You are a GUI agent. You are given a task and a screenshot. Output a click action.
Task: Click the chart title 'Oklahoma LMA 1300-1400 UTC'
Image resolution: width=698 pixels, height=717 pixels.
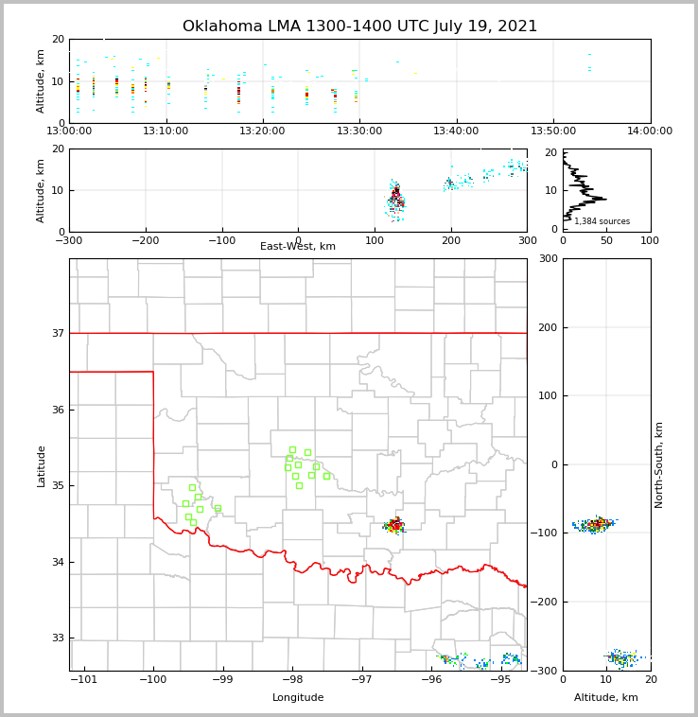[359, 26]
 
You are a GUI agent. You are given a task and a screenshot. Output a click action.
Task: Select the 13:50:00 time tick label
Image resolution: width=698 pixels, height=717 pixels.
[553, 131]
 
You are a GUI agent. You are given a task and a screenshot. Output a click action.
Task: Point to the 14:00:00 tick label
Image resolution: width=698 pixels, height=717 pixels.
[650, 131]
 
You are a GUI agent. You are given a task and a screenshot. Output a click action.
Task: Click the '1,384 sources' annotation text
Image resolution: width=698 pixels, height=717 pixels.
[602, 221]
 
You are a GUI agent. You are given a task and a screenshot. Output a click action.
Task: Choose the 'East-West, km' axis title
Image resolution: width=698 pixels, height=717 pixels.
[298, 247]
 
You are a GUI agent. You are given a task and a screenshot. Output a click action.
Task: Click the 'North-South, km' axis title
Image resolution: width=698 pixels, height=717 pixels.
[659, 464]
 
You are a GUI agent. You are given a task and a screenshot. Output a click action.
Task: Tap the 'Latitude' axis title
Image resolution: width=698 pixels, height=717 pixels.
[41, 465]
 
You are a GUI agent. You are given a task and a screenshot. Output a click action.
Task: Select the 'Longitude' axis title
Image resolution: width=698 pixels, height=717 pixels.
[298, 698]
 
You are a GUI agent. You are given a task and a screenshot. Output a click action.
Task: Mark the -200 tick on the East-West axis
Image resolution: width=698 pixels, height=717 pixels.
[145, 240]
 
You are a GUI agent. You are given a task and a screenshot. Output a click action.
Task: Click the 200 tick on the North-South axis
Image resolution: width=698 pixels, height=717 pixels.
[548, 327]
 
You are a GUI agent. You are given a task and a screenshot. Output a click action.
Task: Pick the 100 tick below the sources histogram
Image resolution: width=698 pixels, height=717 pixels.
[650, 240]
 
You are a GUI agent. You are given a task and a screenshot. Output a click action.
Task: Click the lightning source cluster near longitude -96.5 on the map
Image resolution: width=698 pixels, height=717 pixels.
[394, 525]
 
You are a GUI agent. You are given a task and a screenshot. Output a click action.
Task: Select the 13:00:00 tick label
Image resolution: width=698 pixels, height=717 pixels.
[69, 131]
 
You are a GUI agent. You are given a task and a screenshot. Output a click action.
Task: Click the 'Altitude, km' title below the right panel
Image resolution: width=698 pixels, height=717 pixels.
[606, 698]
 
